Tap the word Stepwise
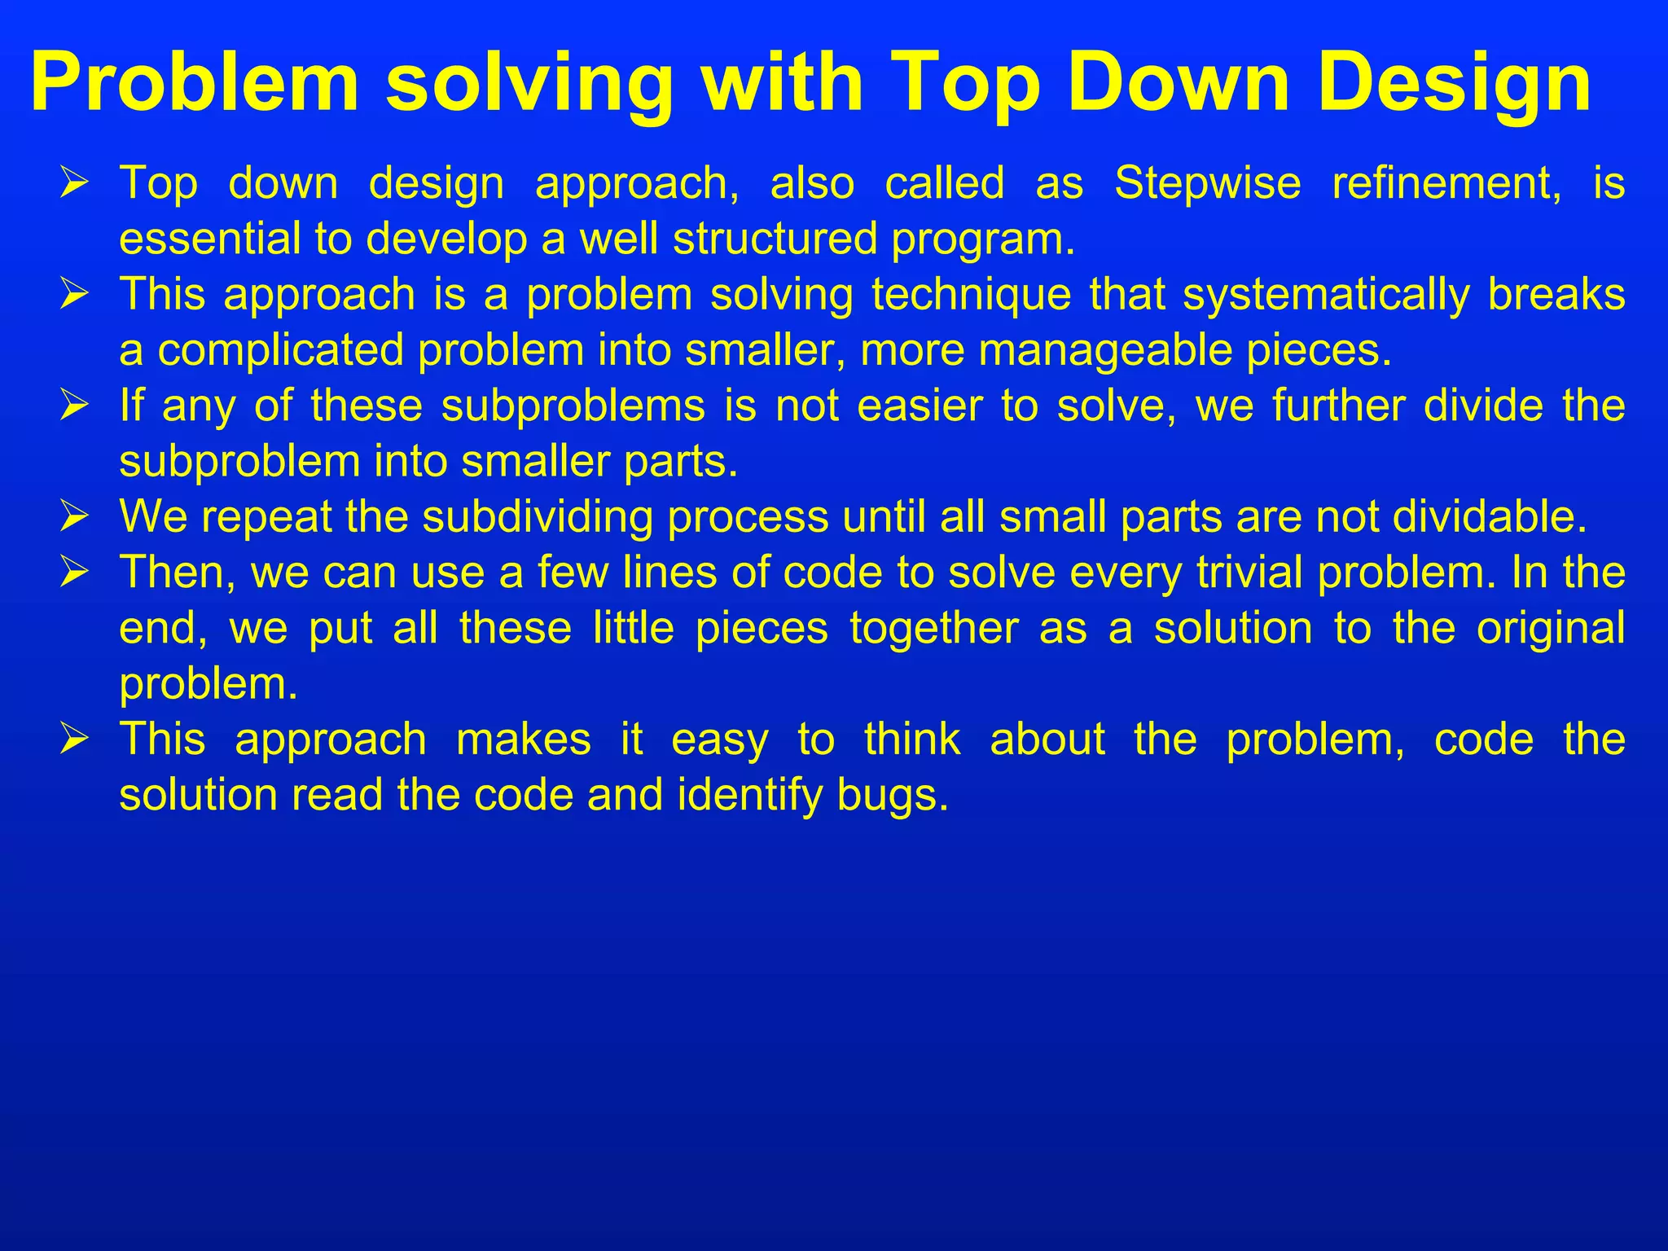[1208, 183]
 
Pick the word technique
[972, 295]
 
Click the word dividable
[1490, 517]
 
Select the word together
[934, 629]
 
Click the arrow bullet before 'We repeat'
[74, 517]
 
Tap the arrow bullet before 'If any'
[74, 406]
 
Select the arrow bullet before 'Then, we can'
[74, 573]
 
